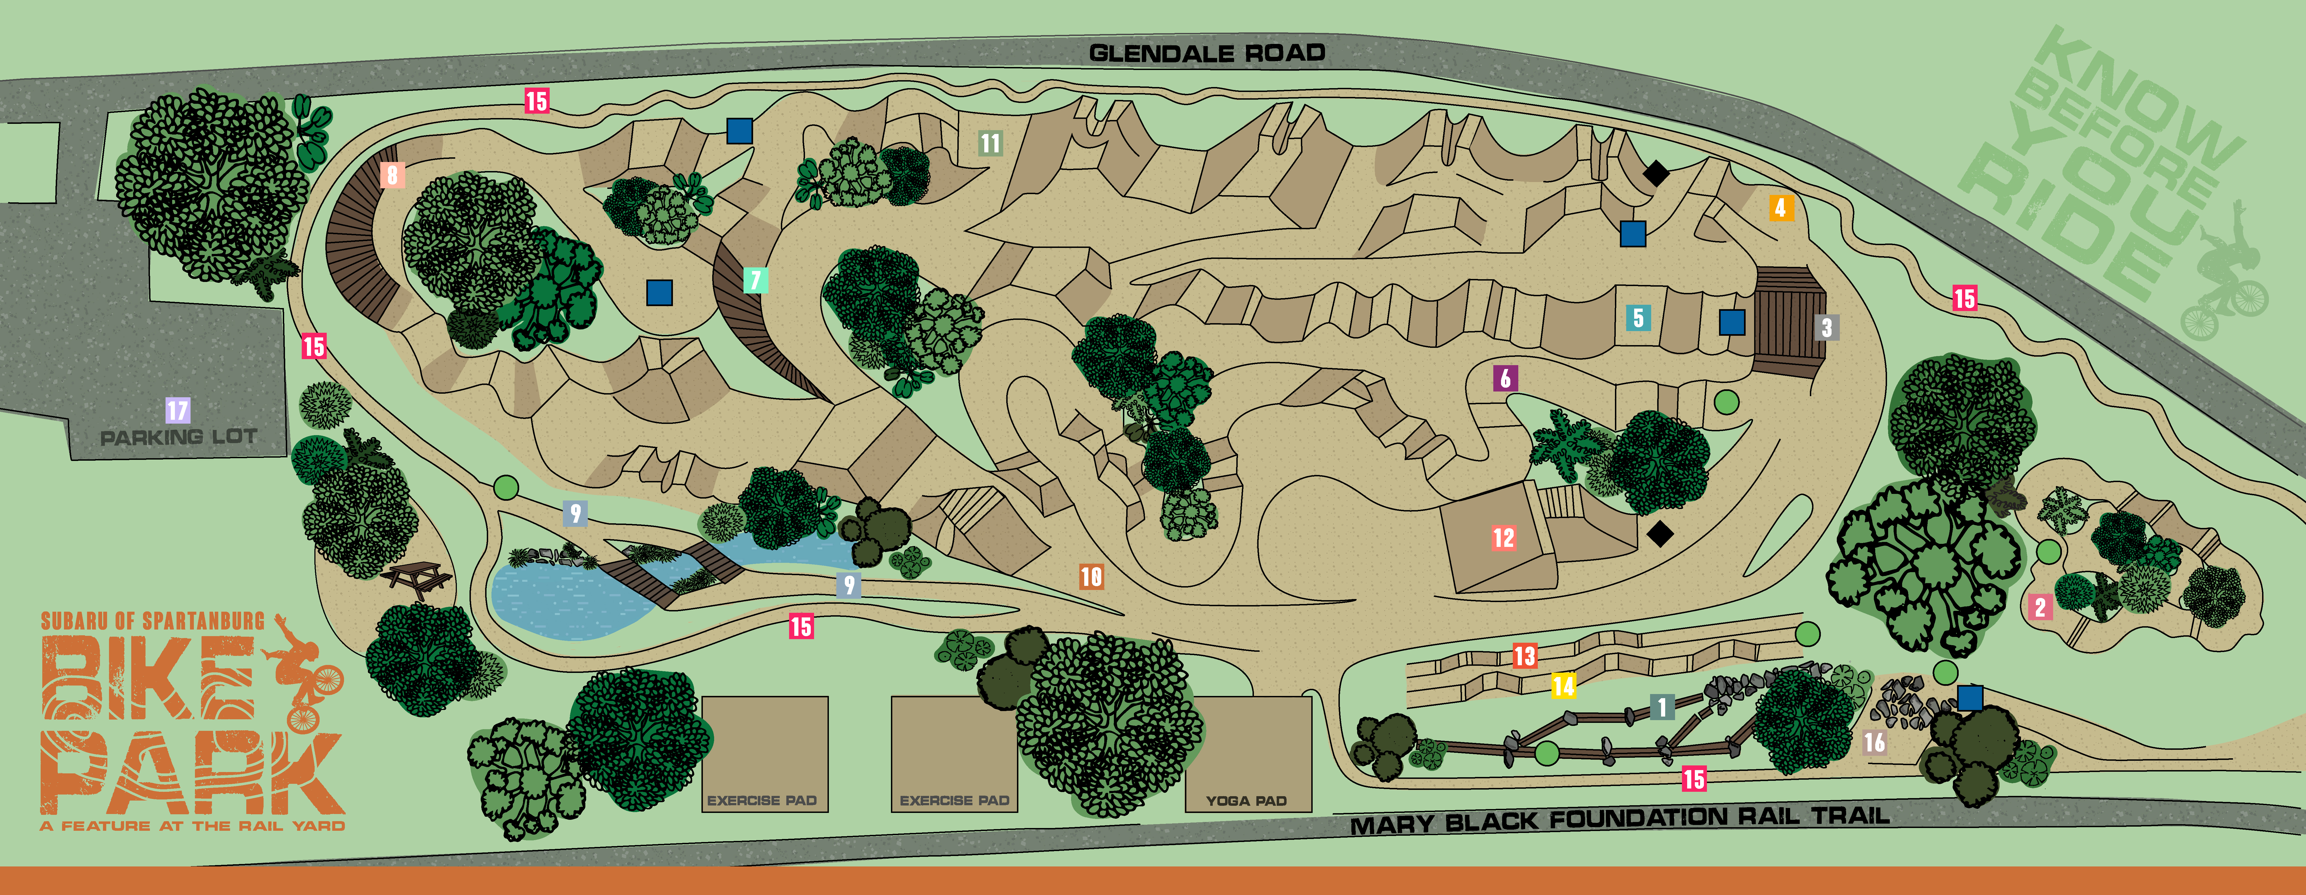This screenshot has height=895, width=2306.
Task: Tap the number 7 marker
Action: (x=755, y=280)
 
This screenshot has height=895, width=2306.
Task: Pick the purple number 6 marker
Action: (x=1505, y=379)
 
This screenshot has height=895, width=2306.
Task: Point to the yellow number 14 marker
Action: (x=1563, y=686)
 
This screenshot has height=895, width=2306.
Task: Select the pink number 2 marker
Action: (x=2040, y=608)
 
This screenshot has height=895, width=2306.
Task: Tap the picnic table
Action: (x=416, y=579)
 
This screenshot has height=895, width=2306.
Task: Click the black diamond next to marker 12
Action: (x=1660, y=534)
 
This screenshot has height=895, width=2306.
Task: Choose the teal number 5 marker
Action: (x=1637, y=318)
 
